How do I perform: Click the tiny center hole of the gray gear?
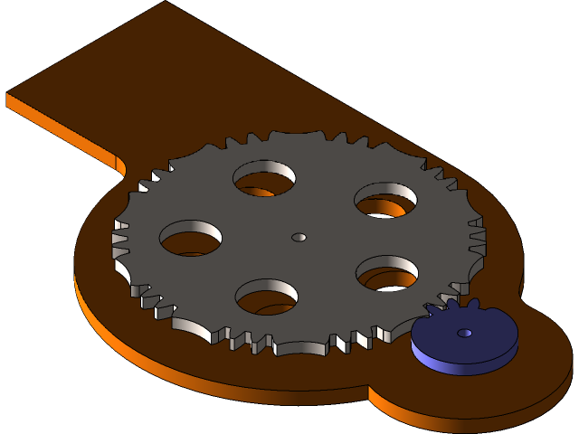click(x=299, y=237)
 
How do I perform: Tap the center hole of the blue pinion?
click(x=464, y=334)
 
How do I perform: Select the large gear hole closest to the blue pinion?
click(x=387, y=272)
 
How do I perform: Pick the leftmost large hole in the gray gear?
click(x=191, y=238)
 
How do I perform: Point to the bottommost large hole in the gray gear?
click(x=267, y=297)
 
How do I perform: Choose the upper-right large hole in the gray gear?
click(x=385, y=200)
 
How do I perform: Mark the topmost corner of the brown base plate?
click(x=166, y=2)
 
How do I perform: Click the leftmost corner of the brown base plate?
click(x=7, y=93)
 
